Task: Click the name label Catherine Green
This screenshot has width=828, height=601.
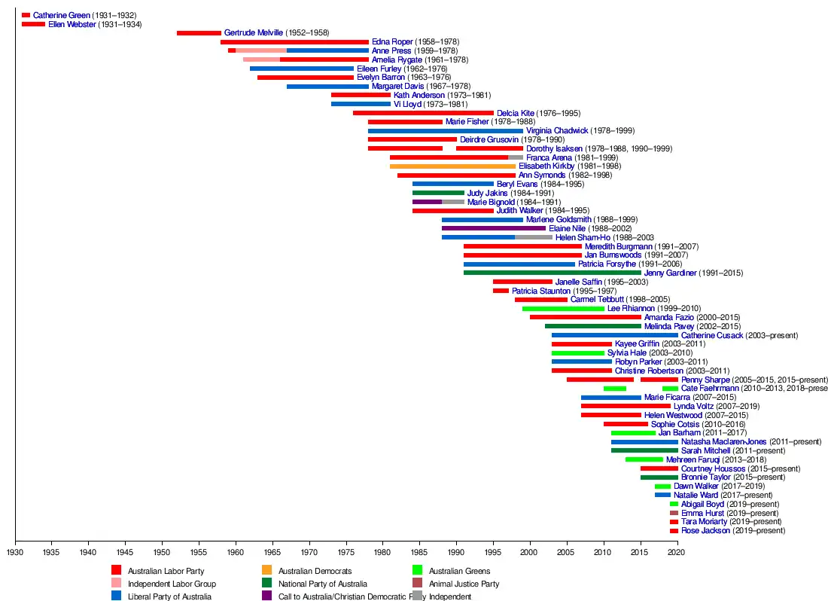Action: tap(61, 15)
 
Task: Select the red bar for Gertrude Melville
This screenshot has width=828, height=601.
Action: tap(199, 32)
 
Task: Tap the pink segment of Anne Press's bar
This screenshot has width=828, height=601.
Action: tap(261, 50)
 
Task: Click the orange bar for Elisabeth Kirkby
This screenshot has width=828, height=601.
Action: tap(452, 166)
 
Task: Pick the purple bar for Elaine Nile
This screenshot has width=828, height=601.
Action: tap(494, 228)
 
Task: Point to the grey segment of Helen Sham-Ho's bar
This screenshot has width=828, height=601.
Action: tap(534, 237)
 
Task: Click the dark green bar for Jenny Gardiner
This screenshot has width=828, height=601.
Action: tap(553, 273)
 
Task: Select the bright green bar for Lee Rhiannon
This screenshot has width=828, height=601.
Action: tap(564, 309)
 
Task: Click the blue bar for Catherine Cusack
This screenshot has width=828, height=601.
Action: tap(615, 335)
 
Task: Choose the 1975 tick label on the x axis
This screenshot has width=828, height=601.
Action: tap(346, 552)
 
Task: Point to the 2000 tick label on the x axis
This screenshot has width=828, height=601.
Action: tap(528, 552)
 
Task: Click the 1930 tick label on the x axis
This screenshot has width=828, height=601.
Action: tap(15, 552)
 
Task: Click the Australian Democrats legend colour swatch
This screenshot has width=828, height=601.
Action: tap(266, 570)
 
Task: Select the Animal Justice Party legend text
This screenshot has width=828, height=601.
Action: tap(464, 584)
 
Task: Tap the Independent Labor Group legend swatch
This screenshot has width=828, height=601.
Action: tap(116, 583)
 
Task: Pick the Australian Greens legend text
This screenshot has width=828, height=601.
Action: tap(459, 571)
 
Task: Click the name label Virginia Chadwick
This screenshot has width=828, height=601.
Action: tap(556, 130)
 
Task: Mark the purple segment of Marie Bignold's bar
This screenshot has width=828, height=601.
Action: tap(428, 202)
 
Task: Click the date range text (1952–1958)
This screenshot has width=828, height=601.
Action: tap(307, 32)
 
